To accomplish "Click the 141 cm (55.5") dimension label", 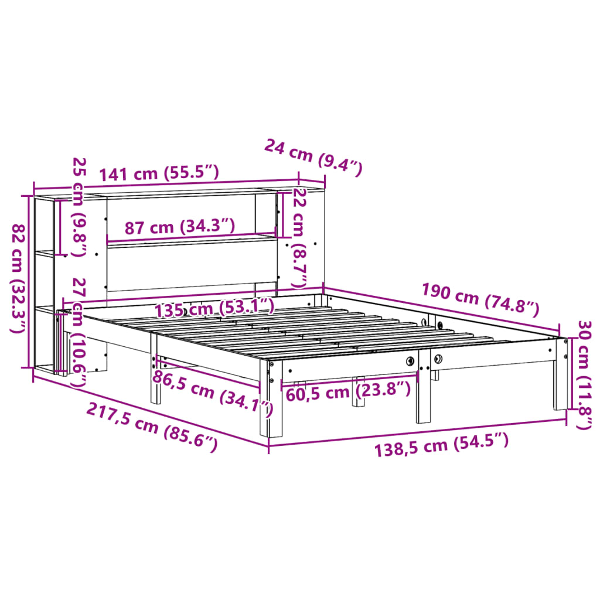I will tap(159, 173).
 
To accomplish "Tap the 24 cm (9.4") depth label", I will tap(313, 156).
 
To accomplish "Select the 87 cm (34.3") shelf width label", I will tap(180, 227).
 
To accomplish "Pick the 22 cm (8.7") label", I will tap(299, 237).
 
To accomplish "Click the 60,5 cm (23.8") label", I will tap(348, 390).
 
